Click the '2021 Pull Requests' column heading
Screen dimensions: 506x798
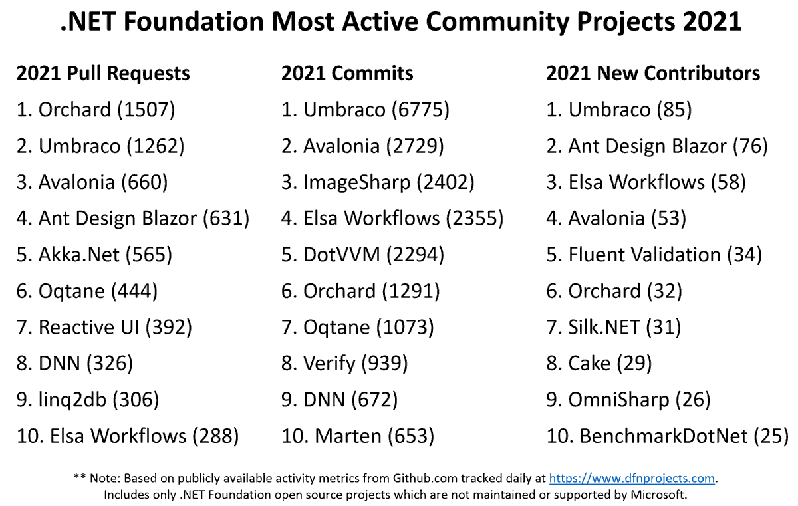coord(103,73)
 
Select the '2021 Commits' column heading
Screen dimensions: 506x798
coord(347,73)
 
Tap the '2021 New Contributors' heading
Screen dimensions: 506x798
coord(653,73)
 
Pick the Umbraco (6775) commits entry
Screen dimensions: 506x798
coord(365,110)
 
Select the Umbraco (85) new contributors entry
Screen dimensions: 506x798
coord(619,110)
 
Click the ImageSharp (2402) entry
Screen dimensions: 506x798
coord(378,182)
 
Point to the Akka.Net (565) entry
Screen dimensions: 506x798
coord(94,255)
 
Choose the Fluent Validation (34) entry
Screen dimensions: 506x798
coord(654,255)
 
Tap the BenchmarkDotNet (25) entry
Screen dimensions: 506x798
coord(667,436)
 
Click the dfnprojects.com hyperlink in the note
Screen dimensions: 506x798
coord(632,478)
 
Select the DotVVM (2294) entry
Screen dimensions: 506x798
coord(362,255)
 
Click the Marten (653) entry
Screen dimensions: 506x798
coord(358,436)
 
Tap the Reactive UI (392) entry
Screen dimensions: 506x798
coord(104,327)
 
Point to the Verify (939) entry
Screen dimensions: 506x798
coord(344,364)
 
